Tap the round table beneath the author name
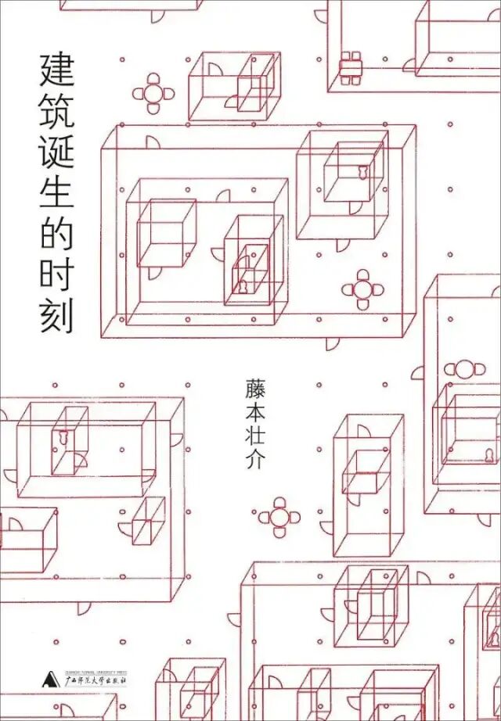pyautogui.click(x=279, y=516)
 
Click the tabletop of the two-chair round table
pyautogui.click(x=465, y=367)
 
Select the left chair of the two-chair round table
pyautogui.click(x=452, y=368)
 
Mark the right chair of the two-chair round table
pyautogui.click(x=479, y=368)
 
